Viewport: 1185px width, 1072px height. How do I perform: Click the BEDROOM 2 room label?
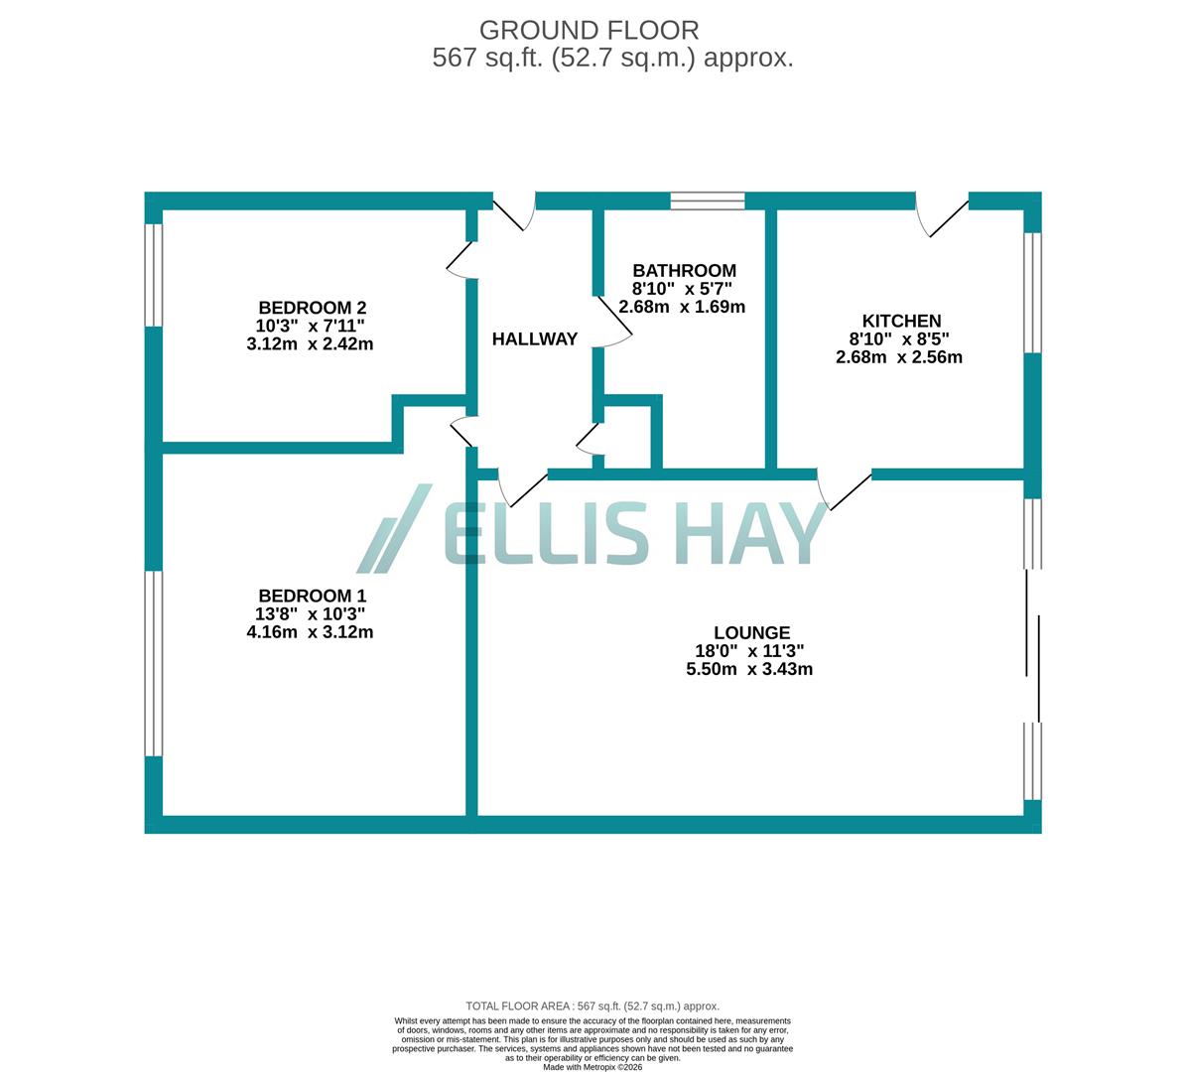pyautogui.click(x=312, y=308)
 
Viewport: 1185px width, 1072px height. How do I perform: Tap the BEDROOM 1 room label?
pyautogui.click(x=312, y=596)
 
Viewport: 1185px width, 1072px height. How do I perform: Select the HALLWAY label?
pyautogui.click(x=535, y=339)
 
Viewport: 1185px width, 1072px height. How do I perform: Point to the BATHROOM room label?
pyautogui.click(x=684, y=271)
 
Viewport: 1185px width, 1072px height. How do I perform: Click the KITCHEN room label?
pyautogui.click(x=901, y=321)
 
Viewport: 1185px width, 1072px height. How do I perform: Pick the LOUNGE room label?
pyautogui.click(x=751, y=633)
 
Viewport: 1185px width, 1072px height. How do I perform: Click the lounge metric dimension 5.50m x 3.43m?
pyautogui.click(x=749, y=670)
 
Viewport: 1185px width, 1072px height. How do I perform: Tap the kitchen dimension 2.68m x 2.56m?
pyautogui.click(x=899, y=357)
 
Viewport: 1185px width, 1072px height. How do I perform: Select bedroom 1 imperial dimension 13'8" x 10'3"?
pyautogui.click(x=311, y=614)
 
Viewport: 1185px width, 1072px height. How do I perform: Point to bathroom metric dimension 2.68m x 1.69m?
pyautogui.click(x=682, y=308)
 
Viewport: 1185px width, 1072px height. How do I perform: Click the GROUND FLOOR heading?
pyautogui.click(x=589, y=30)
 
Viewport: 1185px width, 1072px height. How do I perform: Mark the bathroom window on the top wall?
pyautogui.click(x=708, y=201)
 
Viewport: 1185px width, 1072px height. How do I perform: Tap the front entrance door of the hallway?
pyautogui.click(x=515, y=210)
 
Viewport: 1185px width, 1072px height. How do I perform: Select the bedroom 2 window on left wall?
pyautogui.click(x=153, y=275)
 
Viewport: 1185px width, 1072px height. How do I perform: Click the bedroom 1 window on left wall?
pyautogui.click(x=153, y=663)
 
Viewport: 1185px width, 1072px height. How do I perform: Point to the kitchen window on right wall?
pyautogui.click(x=1033, y=293)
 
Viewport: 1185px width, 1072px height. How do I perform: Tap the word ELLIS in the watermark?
pyautogui.click(x=545, y=532)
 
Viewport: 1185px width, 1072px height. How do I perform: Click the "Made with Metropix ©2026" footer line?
pyautogui.click(x=592, y=1067)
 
